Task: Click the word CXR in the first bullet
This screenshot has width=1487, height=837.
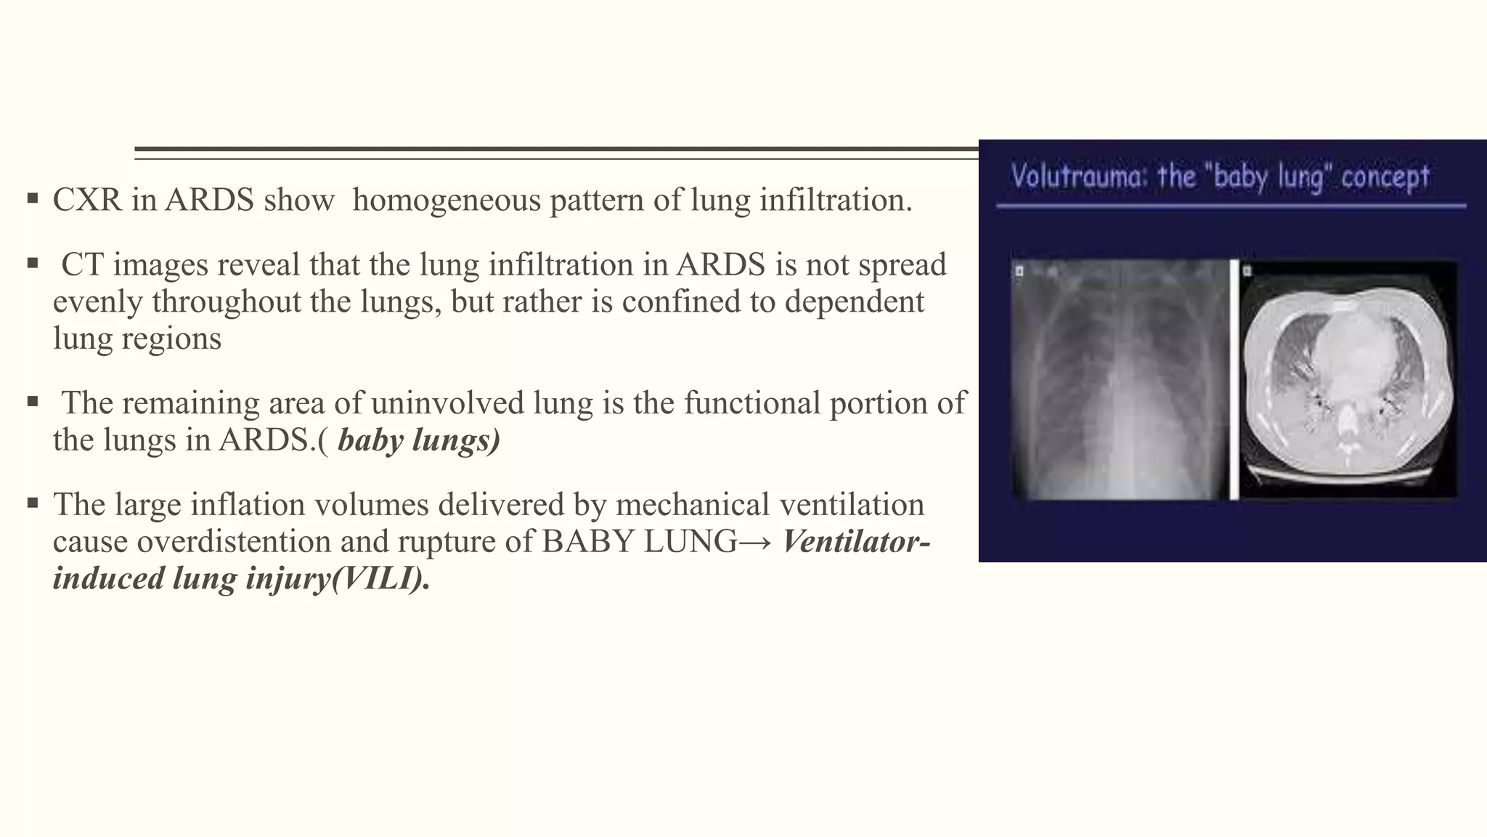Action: [x=87, y=201]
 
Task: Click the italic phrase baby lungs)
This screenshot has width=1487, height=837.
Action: [x=419, y=440]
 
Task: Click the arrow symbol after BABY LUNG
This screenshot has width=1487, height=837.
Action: [x=759, y=542]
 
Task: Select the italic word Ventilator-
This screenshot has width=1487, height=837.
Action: [x=857, y=541]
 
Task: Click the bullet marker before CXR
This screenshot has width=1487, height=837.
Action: [x=32, y=198]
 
